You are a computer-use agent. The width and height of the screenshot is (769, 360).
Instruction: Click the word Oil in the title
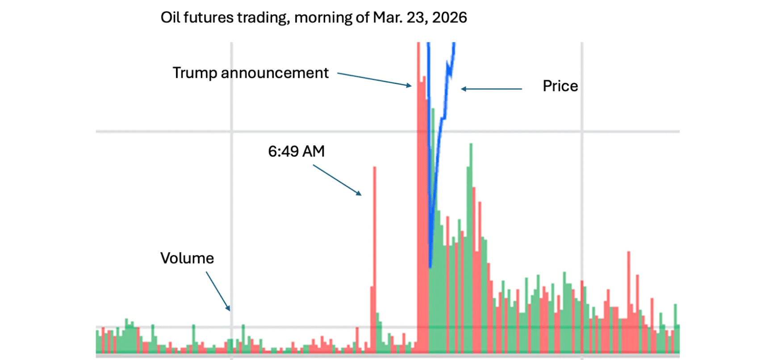click(170, 17)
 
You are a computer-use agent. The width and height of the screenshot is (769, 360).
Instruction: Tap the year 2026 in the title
click(450, 17)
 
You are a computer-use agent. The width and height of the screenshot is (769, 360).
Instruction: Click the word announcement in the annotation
click(275, 73)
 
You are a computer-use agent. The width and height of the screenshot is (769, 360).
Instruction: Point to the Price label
click(560, 86)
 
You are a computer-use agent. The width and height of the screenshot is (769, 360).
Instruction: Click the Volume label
click(187, 258)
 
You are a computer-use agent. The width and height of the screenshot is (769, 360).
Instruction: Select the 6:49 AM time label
click(296, 151)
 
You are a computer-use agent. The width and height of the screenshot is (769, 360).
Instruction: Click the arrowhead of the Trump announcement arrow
click(410, 85)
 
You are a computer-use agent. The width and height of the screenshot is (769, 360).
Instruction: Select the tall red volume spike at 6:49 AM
click(375, 223)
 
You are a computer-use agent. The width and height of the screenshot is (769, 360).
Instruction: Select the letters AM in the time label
click(313, 151)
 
